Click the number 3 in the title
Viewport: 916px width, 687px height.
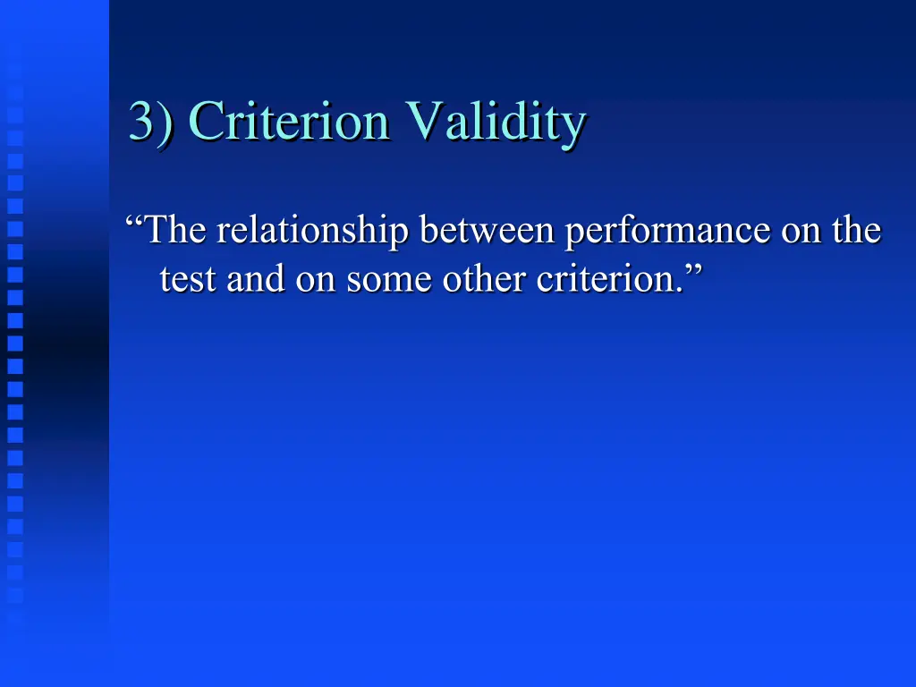141,121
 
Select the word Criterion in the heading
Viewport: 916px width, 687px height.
290,121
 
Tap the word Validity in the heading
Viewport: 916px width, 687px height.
495,123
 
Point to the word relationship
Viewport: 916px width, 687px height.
313,233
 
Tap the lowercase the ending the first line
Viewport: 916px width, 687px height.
856,231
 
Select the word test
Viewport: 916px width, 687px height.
187,280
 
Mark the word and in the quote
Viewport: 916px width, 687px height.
251,279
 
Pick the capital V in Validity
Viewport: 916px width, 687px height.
422,121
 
